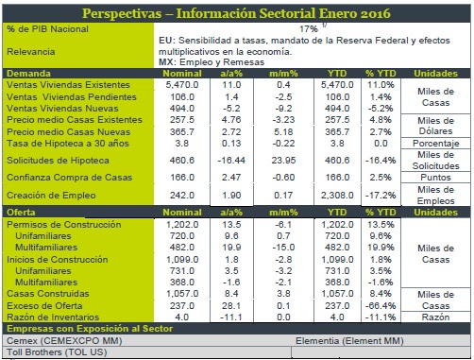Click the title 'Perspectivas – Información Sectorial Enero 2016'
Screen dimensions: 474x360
point(236,13)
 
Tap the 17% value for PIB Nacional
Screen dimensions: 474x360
point(309,29)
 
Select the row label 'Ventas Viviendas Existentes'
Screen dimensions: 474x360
point(68,85)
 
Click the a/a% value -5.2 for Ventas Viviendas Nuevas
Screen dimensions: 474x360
point(231,109)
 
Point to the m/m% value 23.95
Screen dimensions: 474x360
point(283,161)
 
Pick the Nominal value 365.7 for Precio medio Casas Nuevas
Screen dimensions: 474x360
point(182,131)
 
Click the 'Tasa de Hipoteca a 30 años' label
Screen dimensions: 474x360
point(68,144)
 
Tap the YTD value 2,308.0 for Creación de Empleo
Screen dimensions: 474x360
point(337,196)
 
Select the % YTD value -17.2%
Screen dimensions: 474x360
point(381,196)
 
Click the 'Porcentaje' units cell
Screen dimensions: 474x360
point(436,144)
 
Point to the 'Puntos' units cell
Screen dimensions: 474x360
point(436,178)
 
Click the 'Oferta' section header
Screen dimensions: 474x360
point(21,213)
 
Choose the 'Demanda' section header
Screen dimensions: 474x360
point(28,74)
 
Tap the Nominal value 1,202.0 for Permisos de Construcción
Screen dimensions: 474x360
point(182,225)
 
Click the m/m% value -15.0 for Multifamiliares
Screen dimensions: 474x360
point(283,248)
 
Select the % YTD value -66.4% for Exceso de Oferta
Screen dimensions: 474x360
point(381,306)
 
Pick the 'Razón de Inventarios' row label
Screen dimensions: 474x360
point(53,317)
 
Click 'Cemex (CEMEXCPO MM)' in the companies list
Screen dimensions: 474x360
point(64,341)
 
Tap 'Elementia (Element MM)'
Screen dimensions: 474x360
point(349,341)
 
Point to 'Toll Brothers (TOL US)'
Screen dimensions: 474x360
point(57,352)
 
